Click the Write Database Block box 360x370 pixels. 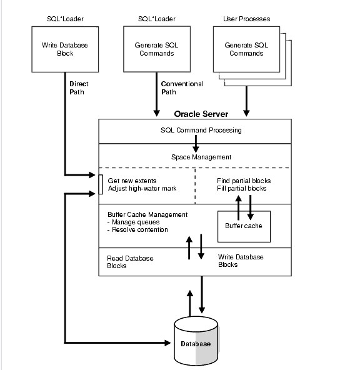pos(64,49)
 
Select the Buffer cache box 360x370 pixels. pos(244,226)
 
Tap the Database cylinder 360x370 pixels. pos(196,343)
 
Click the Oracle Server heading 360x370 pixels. pos(201,114)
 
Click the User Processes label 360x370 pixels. pos(246,19)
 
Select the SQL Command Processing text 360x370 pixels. pos(197,130)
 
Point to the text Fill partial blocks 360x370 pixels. pos(242,188)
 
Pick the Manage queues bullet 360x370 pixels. pos(134,221)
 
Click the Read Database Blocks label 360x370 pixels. pos(130,262)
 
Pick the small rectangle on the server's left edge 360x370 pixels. pos(101,184)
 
